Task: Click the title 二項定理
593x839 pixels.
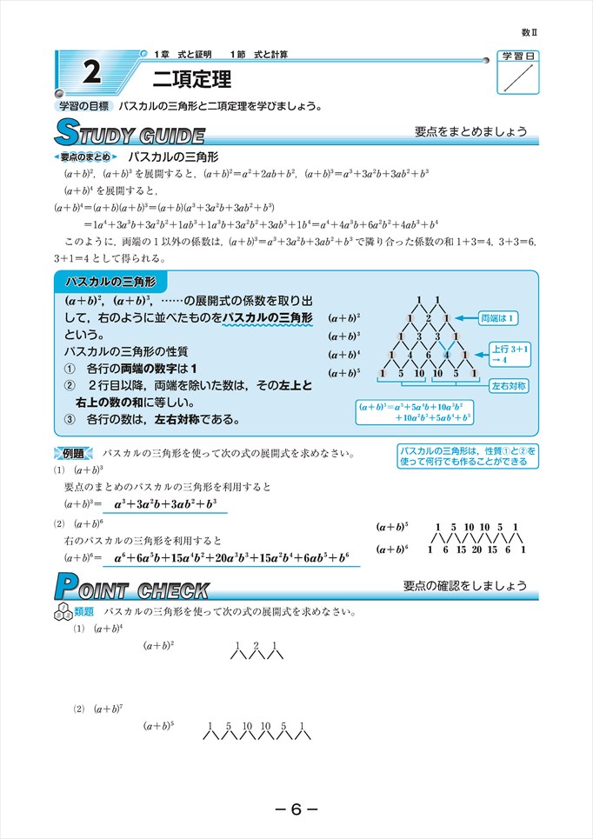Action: pyautogui.click(x=191, y=80)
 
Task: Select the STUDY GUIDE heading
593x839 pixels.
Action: pyautogui.click(x=129, y=135)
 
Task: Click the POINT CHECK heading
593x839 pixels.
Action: pyautogui.click(x=131, y=589)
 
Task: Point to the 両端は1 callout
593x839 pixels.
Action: pyautogui.click(x=498, y=318)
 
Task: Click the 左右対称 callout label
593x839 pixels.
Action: pyautogui.click(x=508, y=384)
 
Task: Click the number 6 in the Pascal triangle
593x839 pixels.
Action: pyautogui.click(x=428, y=355)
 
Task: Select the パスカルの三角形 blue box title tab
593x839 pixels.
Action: pyautogui.click(x=109, y=283)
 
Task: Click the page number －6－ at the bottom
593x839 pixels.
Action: pyautogui.click(x=296, y=809)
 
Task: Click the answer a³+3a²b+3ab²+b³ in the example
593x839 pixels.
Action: pyautogui.click(x=165, y=503)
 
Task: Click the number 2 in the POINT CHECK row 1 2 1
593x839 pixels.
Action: pyautogui.click(x=255, y=644)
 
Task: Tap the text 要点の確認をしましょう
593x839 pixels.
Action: pyautogui.click(x=464, y=585)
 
